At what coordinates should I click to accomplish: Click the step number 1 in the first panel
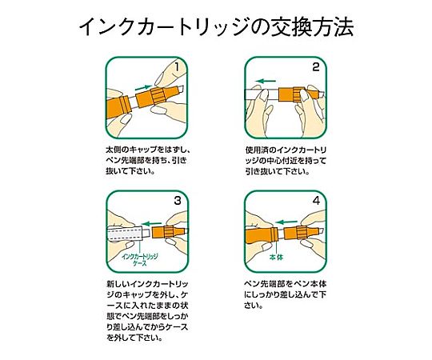pos(177,67)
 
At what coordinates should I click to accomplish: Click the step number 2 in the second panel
pos(316,67)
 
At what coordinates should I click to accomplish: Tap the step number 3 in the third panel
pos(178,201)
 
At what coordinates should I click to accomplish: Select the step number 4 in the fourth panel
pos(316,201)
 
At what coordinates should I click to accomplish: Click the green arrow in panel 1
pos(143,87)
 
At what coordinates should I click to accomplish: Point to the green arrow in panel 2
pos(266,81)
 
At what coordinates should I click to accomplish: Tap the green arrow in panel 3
pos(151,224)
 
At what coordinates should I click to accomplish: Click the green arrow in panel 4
pos(286,222)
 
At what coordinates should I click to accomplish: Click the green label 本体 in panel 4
pos(276,258)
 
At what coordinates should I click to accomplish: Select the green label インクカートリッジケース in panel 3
pos(140,260)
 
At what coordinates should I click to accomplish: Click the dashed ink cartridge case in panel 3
pos(125,234)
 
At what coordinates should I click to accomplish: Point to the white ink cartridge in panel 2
pos(262,94)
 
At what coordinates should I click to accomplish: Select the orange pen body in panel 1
pos(118,107)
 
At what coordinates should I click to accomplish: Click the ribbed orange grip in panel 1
pos(158,96)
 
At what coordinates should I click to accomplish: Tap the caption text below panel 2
pos(286,161)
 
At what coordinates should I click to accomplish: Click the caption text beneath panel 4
pos(286,294)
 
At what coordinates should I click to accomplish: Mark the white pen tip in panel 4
pos(321,231)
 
